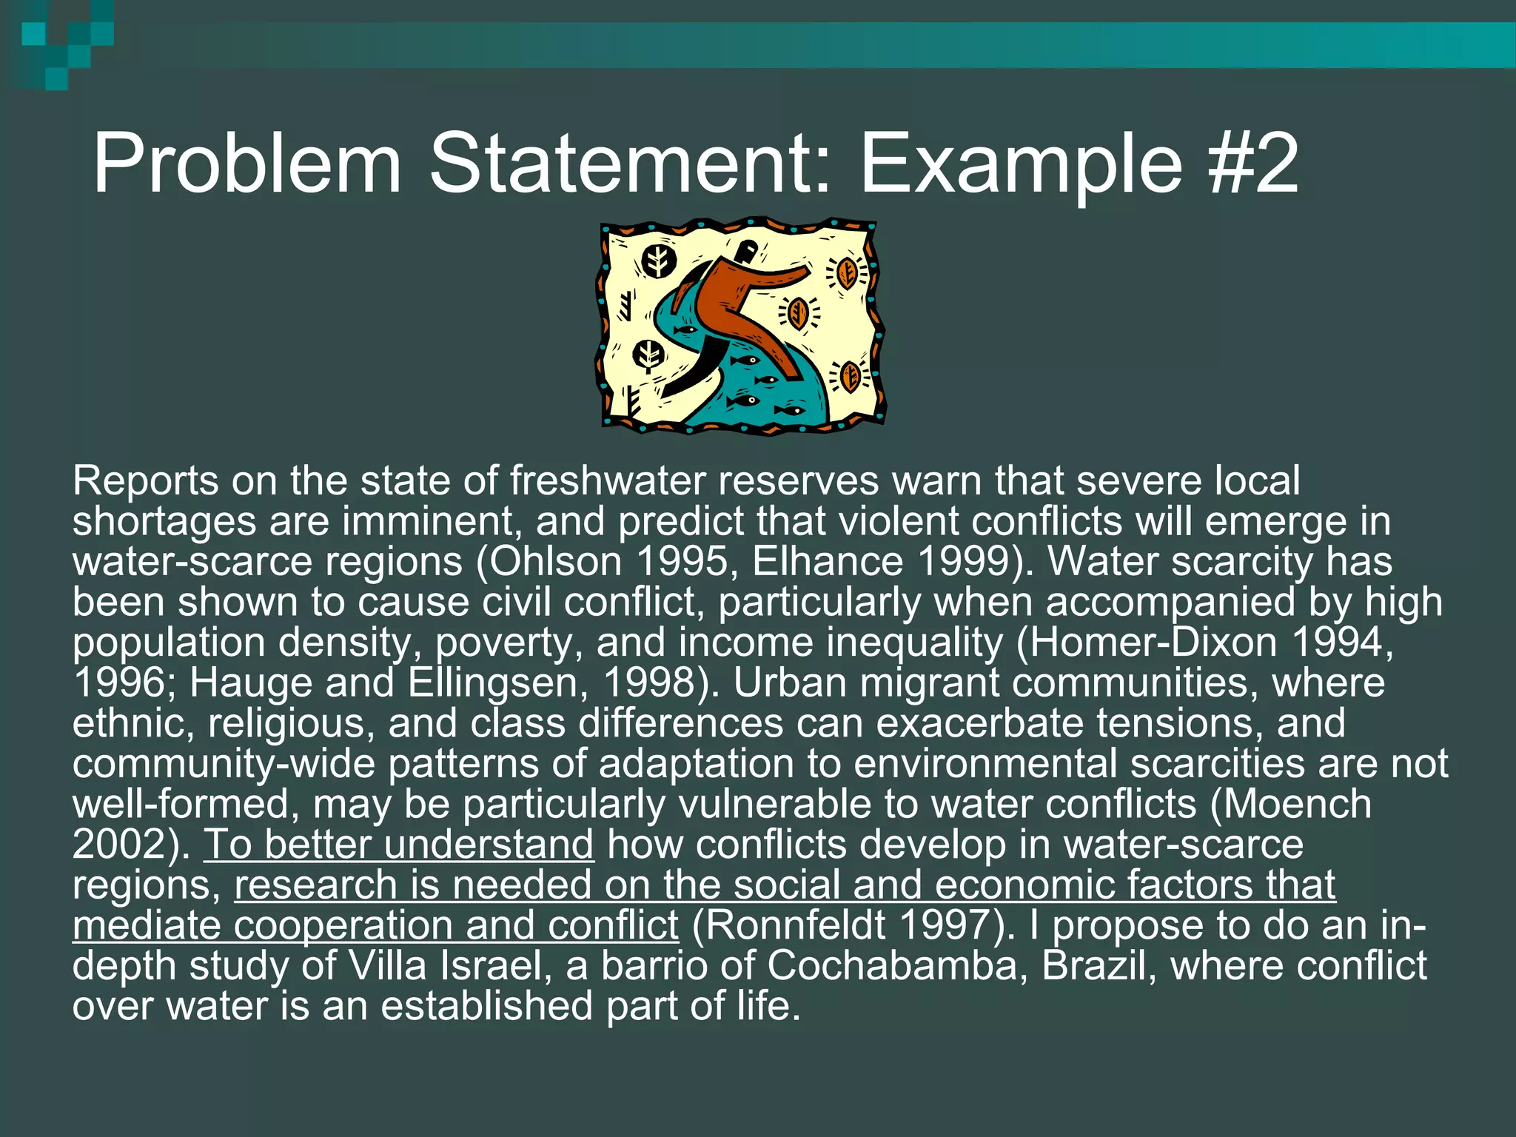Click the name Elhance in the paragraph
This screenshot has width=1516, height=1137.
coord(827,562)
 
